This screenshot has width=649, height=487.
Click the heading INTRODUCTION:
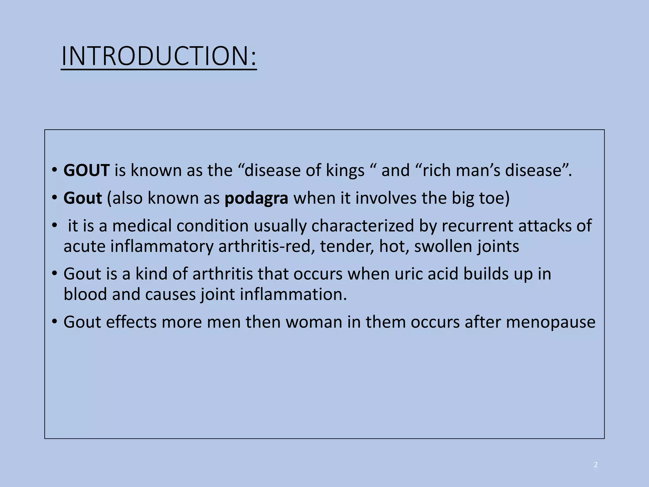point(159,56)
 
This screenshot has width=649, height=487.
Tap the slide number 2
point(595,465)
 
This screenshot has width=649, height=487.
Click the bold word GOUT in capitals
point(87,170)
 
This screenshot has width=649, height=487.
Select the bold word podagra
point(256,198)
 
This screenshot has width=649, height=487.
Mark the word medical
point(142,226)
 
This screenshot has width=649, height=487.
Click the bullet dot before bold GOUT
point(55,170)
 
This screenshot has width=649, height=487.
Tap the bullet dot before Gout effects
point(55,322)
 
